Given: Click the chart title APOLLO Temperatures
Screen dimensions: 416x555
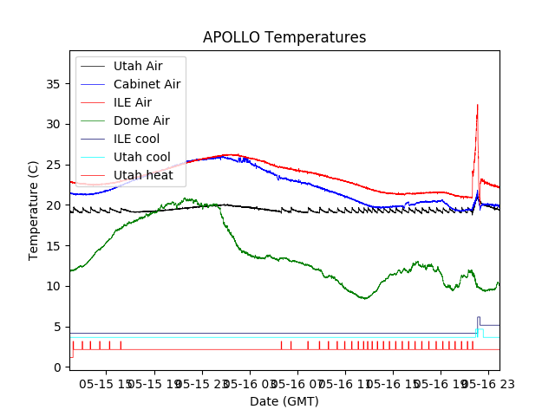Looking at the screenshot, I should click(x=284, y=38).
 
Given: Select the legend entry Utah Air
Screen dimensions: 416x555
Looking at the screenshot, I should click(x=137, y=66).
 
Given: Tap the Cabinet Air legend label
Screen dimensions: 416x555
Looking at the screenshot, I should click(x=147, y=84).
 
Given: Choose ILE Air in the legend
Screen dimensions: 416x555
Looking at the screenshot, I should click(x=132, y=102).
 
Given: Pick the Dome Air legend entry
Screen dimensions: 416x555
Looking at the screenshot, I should click(x=141, y=120).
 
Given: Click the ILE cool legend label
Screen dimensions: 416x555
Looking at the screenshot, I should click(x=136, y=139).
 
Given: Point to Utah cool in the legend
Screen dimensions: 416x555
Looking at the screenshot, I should click(x=141, y=157).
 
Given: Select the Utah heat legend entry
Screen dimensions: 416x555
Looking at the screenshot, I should click(x=143, y=175).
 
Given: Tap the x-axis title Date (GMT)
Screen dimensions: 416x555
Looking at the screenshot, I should click(x=284, y=401).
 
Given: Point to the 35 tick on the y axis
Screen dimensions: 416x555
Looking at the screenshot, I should click(x=53, y=84).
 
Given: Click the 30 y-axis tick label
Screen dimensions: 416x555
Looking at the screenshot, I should click(x=53, y=125).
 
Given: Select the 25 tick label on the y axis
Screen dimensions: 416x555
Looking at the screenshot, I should click(x=53, y=165).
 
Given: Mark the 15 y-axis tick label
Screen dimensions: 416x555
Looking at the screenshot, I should click(x=53, y=246).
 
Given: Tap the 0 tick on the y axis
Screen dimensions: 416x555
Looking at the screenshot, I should click(x=56, y=367).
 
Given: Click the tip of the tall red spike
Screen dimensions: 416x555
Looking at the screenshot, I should click(x=477, y=105).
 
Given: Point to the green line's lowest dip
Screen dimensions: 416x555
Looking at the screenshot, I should click(x=366, y=298).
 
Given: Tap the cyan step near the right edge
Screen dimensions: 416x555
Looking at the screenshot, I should click(x=477, y=331).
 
